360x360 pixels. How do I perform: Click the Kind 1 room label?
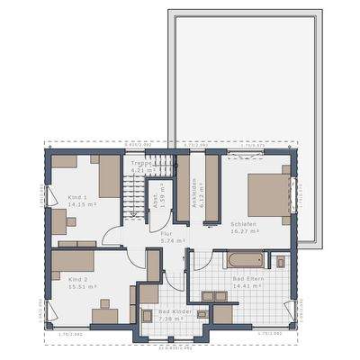77,196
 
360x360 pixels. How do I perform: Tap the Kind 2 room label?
77,279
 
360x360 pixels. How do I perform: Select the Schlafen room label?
243,223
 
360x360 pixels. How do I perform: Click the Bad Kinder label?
163,311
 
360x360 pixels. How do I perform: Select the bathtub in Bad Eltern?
245,261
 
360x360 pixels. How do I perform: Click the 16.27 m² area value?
245,231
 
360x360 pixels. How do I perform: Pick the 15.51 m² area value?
79,287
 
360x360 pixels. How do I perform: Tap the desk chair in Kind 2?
93,304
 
